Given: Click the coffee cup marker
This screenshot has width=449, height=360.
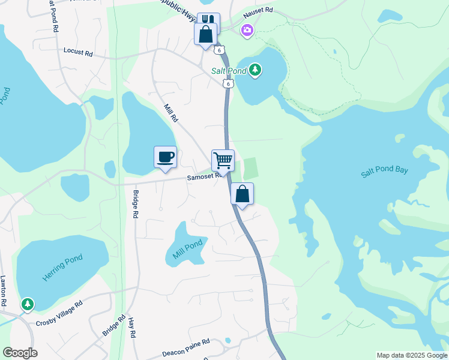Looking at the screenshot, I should [x=165, y=158].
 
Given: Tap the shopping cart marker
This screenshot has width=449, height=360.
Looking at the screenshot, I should [x=223, y=161].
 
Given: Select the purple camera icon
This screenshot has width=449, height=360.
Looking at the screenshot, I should [x=247, y=30].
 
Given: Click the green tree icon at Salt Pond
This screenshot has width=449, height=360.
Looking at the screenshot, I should [x=255, y=70].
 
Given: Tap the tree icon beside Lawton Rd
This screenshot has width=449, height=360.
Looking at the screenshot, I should [x=27, y=305].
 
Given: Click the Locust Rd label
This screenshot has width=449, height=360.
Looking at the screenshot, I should [x=78, y=53].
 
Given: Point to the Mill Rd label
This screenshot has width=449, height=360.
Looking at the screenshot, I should [x=171, y=113].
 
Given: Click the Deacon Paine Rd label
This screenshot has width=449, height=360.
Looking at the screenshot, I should [x=185, y=347].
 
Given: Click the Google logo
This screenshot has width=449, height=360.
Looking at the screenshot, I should [x=20, y=353].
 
